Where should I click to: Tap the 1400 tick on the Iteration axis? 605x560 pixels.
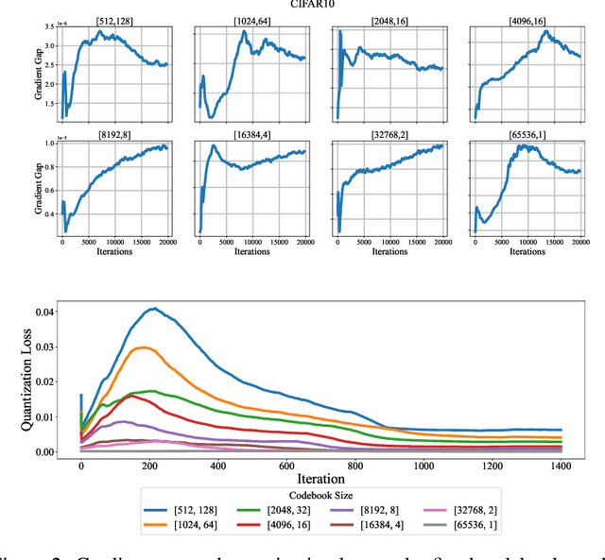click(562, 466)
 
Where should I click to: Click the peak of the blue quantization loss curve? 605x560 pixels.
click(152, 308)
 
